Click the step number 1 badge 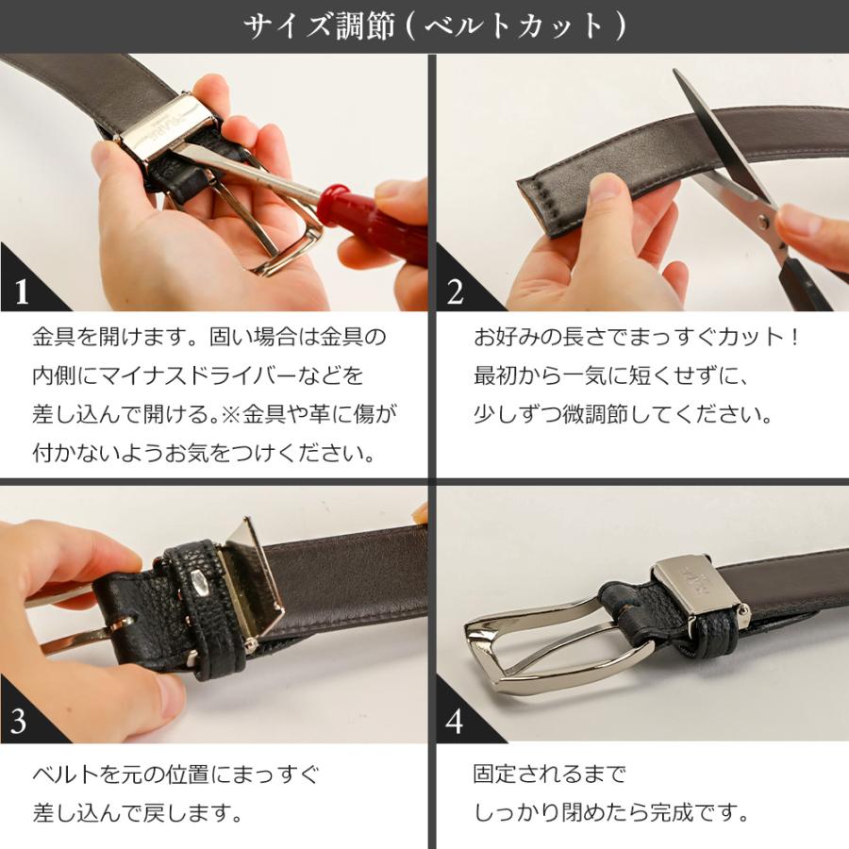click(x=22, y=291)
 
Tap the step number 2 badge click(x=456, y=291)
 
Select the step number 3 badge click(x=19, y=721)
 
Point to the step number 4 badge click(x=455, y=721)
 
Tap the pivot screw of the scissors click(x=763, y=221)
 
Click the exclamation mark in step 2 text click(x=793, y=337)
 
